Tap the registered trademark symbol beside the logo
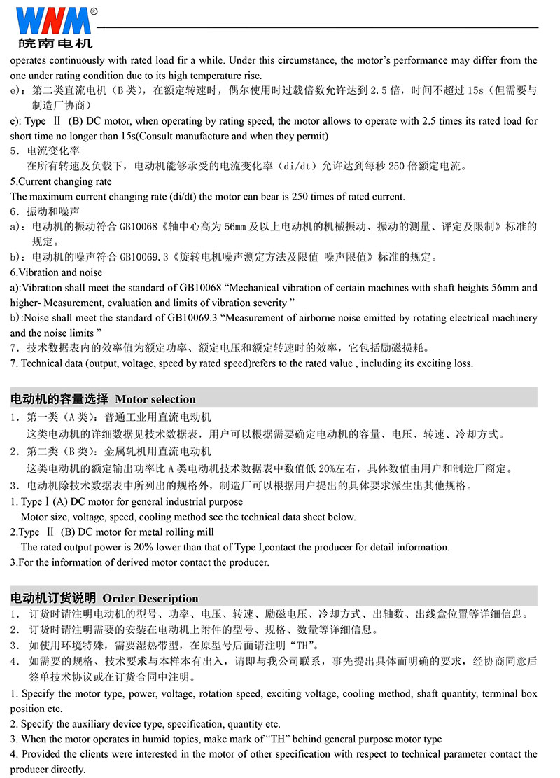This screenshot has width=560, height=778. pyautogui.click(x=94, y=11)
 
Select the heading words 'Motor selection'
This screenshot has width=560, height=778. pyautogui.click(x=155, y=399)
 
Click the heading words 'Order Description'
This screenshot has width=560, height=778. pyautogui.click(x=150, y=598)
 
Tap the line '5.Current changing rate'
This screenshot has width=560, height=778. pyautogui.click(x=61, y=181)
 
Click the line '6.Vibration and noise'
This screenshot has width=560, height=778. pyautogui.click(x=56, y=272)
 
